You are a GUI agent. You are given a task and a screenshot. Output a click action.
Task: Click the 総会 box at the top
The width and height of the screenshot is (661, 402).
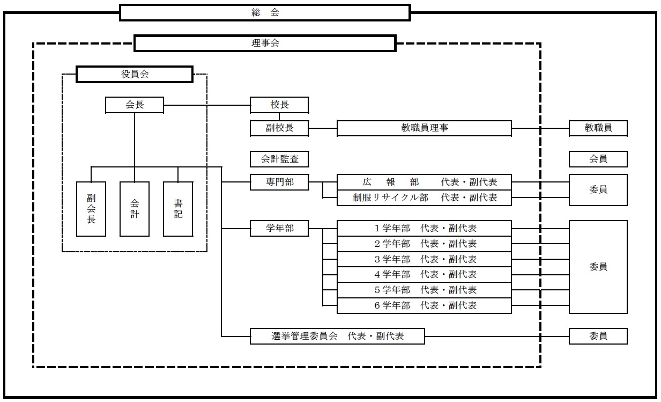[x=265, y=12]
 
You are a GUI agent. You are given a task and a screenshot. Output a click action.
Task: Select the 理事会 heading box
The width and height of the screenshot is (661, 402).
[x=265, y=43]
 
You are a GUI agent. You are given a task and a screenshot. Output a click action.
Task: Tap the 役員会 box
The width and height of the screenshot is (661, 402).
[x=134, y=74]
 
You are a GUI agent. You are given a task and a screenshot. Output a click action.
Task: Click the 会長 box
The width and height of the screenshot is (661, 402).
[x=135, y=105]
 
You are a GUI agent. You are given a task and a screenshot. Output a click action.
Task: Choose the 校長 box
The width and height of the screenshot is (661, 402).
[x=279, y=105]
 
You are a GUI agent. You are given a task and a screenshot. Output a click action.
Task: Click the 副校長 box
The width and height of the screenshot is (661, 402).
[x=279, y=128]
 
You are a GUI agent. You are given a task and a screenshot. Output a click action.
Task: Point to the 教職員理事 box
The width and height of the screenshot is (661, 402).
[x=424, y=128]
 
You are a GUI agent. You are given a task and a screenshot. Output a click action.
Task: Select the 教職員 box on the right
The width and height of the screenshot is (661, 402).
[x=598, y=128]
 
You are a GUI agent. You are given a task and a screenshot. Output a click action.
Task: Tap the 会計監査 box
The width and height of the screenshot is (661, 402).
[x=279, y=159]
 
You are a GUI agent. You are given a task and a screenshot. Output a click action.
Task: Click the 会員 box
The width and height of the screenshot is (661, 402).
[x=598, y=159]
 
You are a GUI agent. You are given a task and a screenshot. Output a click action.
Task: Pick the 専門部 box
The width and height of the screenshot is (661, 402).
[x=279, y=182]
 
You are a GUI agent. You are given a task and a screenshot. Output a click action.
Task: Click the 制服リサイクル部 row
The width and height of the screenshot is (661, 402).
[x=424, y=198]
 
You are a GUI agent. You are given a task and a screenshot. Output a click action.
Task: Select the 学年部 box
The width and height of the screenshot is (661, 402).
[x=279, y=229]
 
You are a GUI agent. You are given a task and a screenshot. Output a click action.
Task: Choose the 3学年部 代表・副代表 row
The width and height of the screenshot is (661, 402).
[x=424, y=259]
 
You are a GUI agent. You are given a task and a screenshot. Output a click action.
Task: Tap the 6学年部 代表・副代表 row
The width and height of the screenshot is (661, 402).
[x=424, y=305]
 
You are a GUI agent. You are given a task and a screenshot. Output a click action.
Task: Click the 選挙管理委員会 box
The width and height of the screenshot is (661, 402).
[x=337, y=337]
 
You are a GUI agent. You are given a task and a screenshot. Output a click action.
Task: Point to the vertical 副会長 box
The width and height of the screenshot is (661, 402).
[x=91, y=209]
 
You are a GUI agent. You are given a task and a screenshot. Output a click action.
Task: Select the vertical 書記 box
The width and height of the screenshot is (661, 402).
[x=178, y=209]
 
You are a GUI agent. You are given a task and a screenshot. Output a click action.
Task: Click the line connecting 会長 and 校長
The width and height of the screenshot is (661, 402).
[x=206, y=105]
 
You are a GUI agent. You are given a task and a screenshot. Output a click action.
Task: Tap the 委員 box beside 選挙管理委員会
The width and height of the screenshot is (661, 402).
[x=598, y=337]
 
